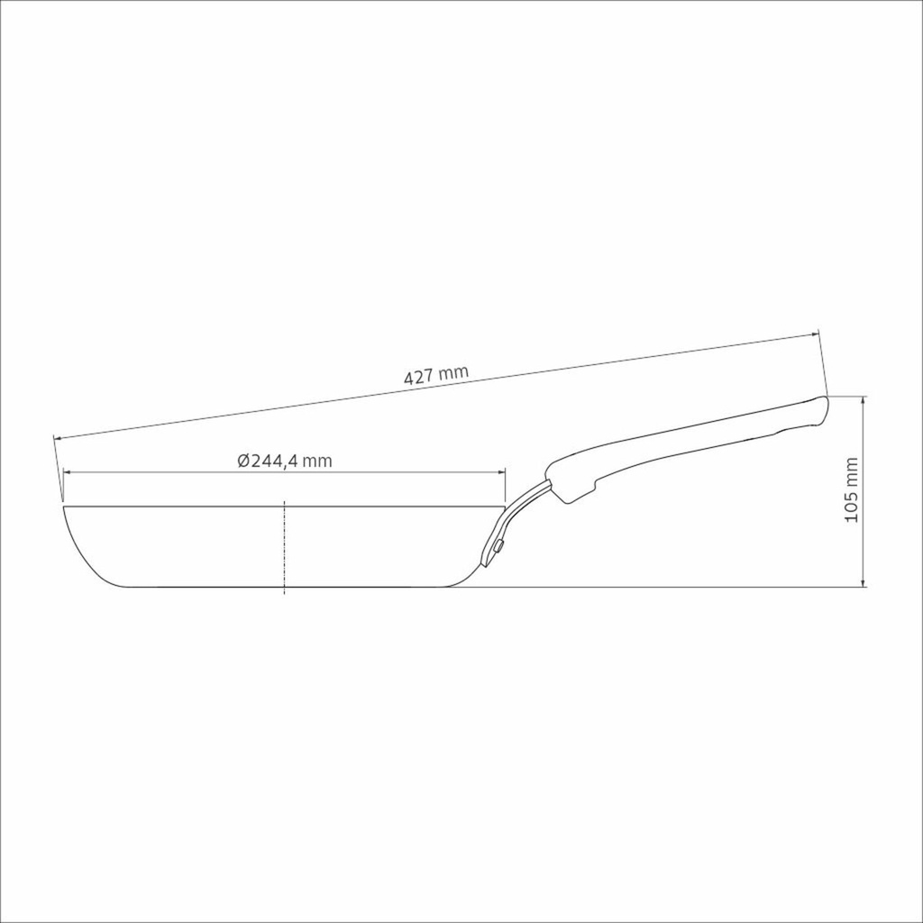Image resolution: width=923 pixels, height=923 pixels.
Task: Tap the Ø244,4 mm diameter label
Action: click(285, 461)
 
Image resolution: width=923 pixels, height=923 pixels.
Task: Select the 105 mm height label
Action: click(851, 489)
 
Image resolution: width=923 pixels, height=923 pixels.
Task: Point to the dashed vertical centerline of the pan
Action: click(284, 547)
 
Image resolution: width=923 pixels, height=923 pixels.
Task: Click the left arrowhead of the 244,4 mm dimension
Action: click(67, 471)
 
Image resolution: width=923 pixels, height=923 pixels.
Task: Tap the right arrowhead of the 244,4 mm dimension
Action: click(501, 471)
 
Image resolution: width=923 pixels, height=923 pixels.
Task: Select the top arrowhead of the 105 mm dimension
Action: click(863, 400)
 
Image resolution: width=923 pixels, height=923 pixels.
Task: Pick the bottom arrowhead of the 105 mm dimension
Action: click(863, 583)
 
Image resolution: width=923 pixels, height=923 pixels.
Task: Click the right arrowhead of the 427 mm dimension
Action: click(815, 334)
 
